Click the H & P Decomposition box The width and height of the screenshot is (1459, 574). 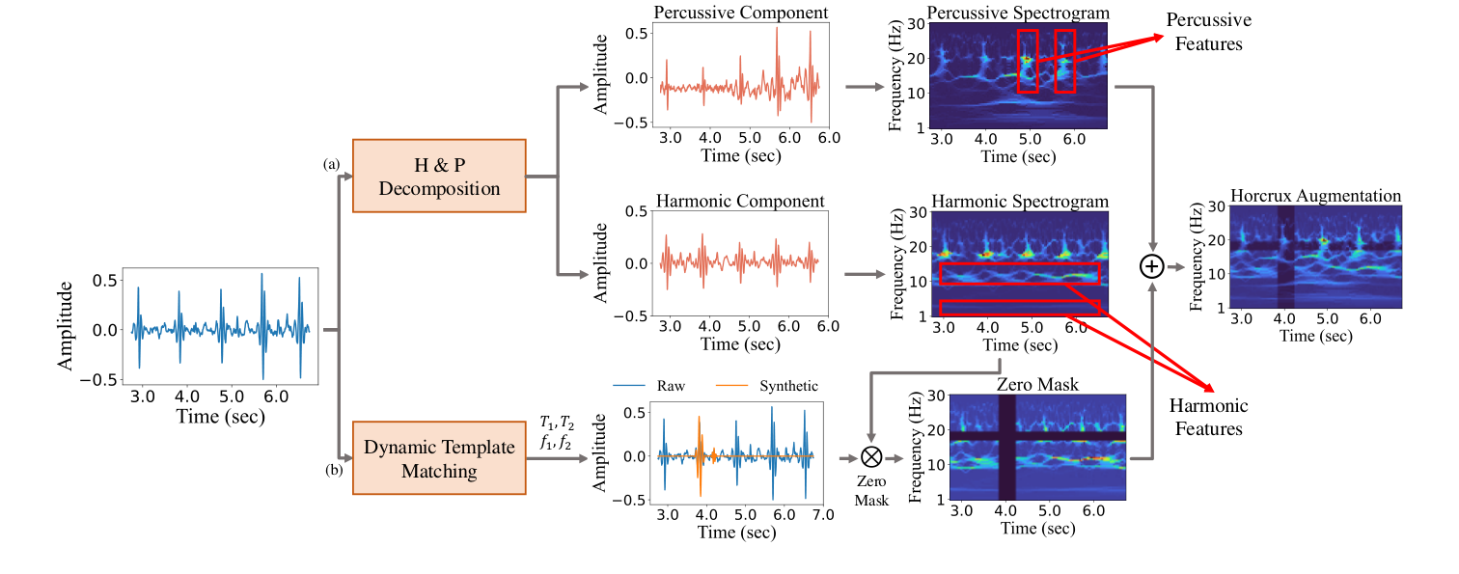pos(440,177)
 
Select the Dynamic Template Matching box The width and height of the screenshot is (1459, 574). pos(440,458)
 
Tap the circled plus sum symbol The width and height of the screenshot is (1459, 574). pos(1152,266)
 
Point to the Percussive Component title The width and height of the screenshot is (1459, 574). pos(739,13)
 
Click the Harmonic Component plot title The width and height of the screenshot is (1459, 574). pos(739,201)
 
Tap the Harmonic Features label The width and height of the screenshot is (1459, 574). pos(1209,417)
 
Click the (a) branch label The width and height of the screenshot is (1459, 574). pos(331,165)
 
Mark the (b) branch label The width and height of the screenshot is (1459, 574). pos(331,470)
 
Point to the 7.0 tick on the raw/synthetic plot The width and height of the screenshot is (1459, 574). pos(821,517)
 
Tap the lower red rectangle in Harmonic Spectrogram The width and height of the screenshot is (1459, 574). pos(1019,308)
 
